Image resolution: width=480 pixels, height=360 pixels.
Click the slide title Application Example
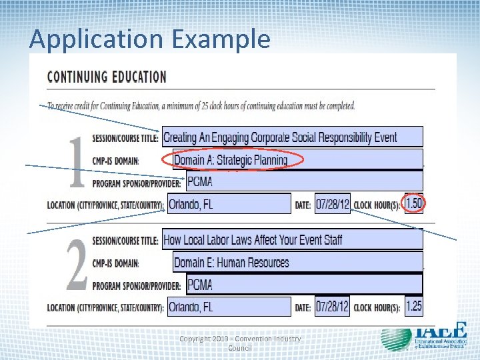pyautogui.click(x=150, y=39)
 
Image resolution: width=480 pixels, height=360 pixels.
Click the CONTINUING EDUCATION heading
pyautogui.click(x=107, y=76)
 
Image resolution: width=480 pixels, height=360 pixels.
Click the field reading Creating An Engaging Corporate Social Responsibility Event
pyautogui.click(x=292, y=137)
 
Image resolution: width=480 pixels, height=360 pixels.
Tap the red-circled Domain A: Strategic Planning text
pyautogui.click(x=231, y=160)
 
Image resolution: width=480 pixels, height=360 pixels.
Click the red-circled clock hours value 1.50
pyautogui.click(x=414, y=203)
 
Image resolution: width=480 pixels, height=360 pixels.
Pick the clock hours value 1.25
pyautogui.click(x=414, y=306)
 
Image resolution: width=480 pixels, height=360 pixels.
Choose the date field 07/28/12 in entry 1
pyautogui.click(x=332, y=204)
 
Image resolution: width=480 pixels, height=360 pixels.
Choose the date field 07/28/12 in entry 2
pyautogui.click(x=332, y=307)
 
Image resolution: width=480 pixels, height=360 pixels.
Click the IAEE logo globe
pyautogui.click(x=396, y=338)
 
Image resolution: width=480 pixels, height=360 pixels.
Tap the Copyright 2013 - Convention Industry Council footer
pyautogui.click(x=240, y=343)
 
